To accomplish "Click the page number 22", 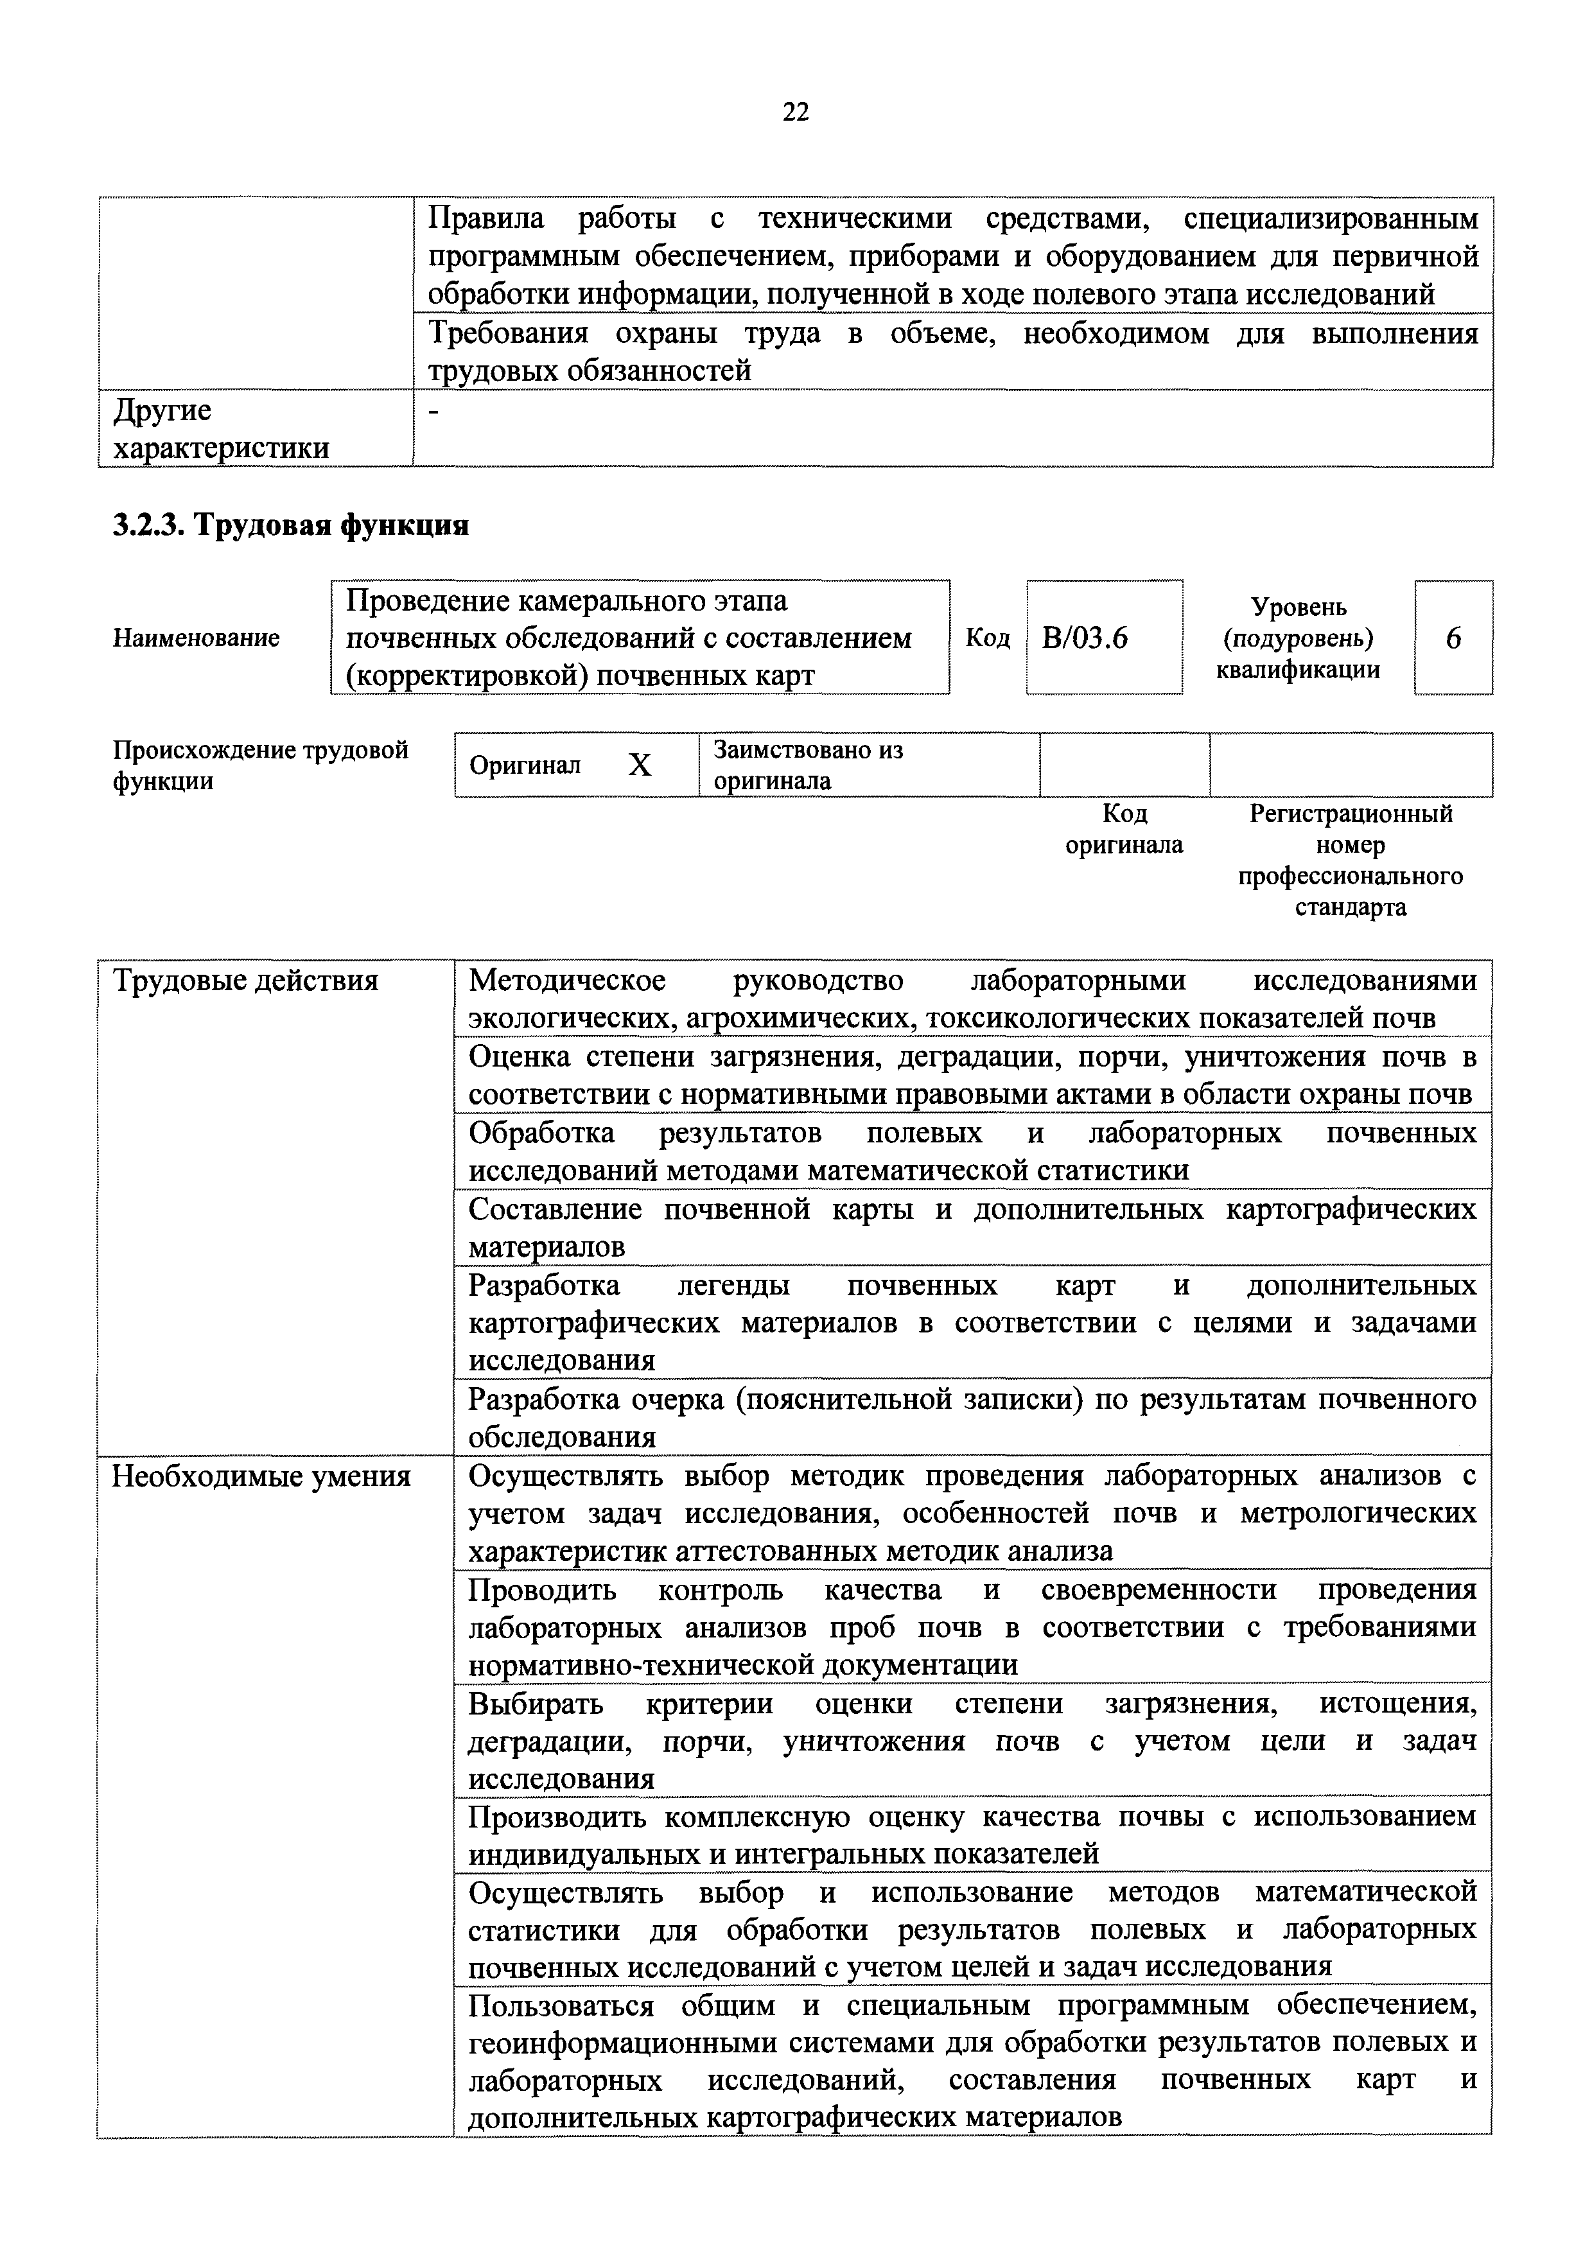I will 796,113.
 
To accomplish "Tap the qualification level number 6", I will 1453,638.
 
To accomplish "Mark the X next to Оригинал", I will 640,765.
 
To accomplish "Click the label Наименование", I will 196,638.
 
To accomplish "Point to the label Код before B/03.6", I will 987,638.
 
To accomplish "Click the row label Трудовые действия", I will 245,981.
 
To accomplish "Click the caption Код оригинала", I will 1124,829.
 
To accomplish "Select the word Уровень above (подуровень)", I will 1298,608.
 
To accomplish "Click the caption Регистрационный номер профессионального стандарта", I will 1350,860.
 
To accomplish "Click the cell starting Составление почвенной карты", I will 971,1227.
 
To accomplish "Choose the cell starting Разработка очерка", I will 971,1417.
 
